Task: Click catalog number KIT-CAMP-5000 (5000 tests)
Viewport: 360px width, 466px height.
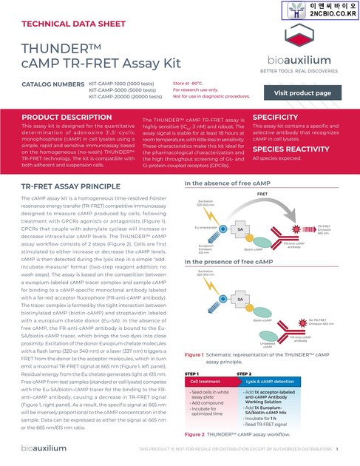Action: pos(126,90)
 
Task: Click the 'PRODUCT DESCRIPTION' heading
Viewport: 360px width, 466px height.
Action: pos(67,118)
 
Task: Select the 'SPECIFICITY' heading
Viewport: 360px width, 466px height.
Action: pos(276,118)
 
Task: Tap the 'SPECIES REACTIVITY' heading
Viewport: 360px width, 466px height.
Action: pos(291,148)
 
